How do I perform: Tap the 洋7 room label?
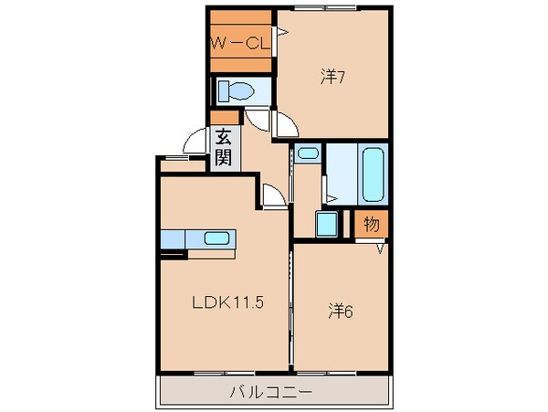332,78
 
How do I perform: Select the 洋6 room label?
341,311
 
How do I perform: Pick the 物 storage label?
372,223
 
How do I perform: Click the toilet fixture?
238,91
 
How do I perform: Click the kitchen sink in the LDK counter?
216,238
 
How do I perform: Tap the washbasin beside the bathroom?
308,153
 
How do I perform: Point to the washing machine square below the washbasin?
324,224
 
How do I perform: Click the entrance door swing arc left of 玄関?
195,143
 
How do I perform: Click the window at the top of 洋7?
332,7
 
